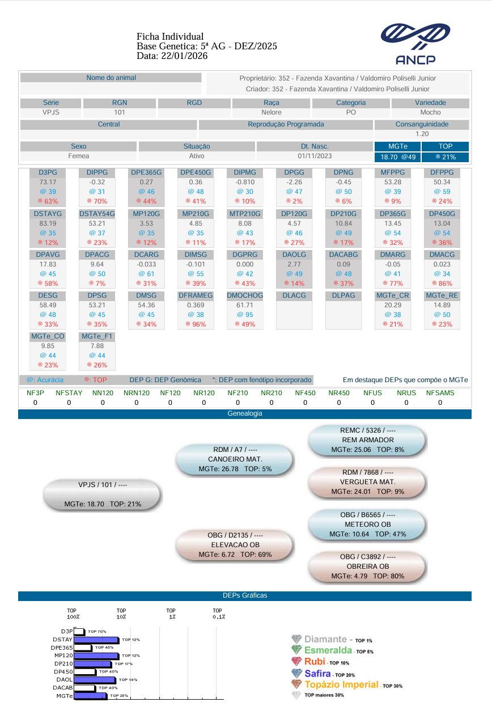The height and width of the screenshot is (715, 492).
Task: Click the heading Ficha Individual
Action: (170, 36)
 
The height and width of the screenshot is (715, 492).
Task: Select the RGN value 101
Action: (119, 112)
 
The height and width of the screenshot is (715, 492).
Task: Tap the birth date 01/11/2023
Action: (315, 156)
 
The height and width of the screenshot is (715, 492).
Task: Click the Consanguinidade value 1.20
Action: (422, 134)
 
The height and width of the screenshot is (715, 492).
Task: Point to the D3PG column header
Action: (48, 172)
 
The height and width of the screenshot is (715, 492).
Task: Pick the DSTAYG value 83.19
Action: (48, 223)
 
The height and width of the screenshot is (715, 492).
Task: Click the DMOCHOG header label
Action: (245, 295)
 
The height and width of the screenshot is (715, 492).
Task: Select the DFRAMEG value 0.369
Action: (196, 305)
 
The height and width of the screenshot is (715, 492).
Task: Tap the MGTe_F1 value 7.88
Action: (97, 346)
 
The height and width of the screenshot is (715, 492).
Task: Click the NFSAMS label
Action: (440, 392)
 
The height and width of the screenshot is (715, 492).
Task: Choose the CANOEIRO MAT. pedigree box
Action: (235, 459)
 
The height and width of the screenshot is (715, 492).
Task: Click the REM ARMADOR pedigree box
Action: (368, 440)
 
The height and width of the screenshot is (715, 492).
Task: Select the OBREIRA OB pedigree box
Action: (368, 567)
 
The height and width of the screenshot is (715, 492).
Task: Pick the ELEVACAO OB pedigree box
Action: (235, 545)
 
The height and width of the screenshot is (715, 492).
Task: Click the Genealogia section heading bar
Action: (245, 414)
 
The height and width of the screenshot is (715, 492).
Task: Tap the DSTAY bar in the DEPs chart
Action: (96, 640)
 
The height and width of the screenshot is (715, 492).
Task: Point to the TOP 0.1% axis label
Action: (219, 614)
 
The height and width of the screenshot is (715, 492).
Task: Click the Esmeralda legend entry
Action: (328, 650)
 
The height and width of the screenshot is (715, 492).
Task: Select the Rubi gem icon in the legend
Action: (296, 661)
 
